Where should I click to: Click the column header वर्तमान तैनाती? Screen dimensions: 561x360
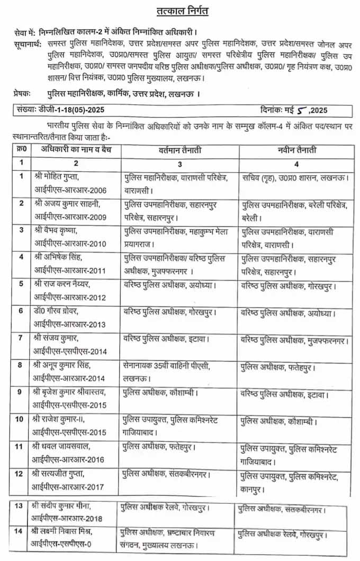click(179, 150)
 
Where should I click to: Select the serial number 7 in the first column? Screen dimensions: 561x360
click(20, 337)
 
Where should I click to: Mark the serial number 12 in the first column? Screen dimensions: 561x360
click(20, 473)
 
